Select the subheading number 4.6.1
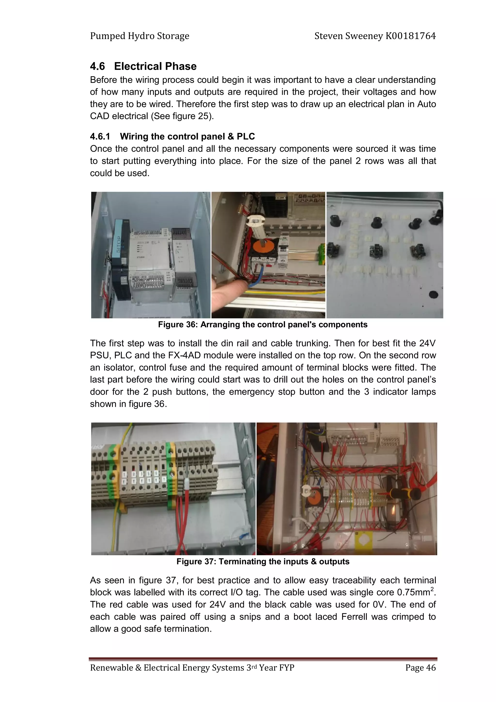click(100, 136)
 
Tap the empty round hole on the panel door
click(433, 294)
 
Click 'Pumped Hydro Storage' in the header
click(140, 36)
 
